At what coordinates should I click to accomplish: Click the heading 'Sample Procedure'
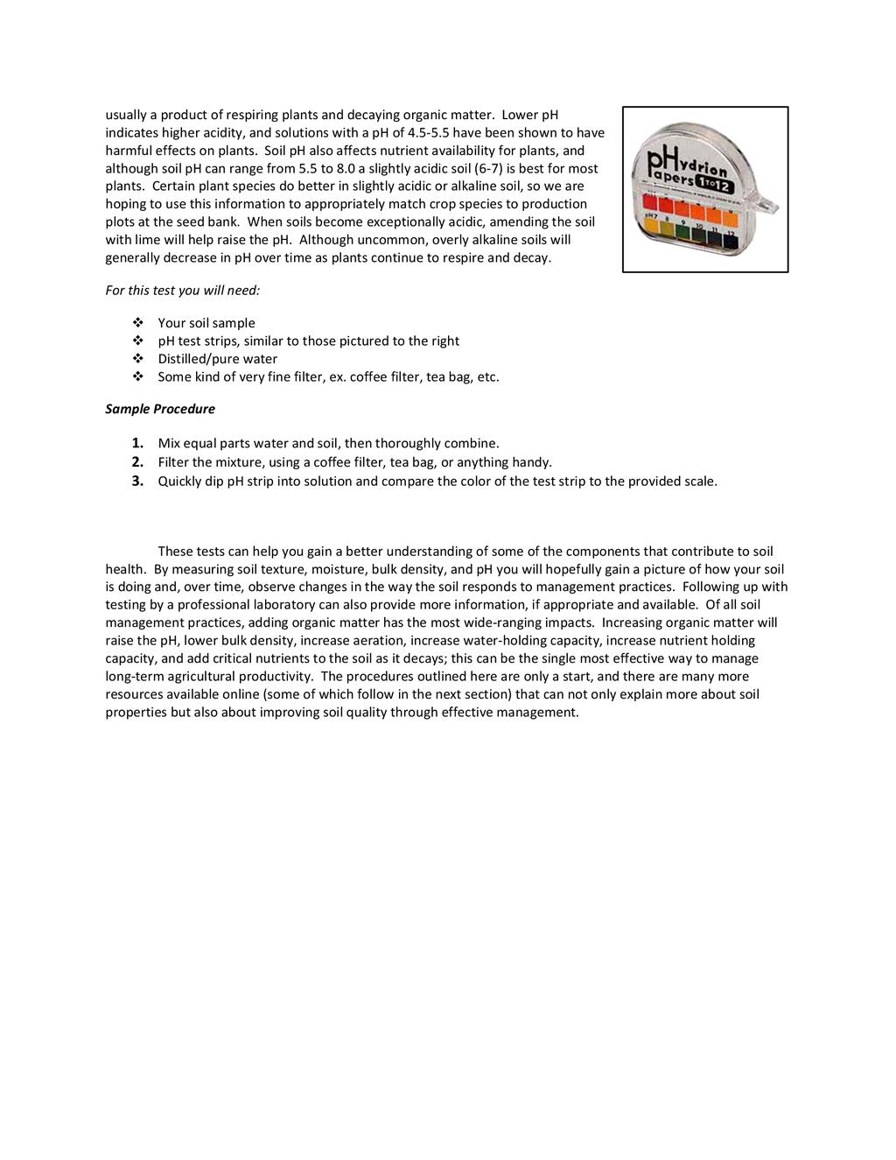point(160,409)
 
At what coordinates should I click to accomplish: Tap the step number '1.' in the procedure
point(137,443)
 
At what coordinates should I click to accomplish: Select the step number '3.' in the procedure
point(137,481)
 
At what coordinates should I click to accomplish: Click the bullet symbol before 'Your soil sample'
point(137,323)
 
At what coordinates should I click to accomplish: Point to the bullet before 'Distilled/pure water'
point(137,359)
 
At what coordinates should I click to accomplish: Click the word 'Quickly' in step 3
point(180,481)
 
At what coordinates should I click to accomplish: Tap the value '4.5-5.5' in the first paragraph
point(432,133)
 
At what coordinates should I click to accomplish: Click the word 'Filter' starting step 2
point(172,462)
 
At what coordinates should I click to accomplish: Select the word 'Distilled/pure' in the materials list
point(198,359)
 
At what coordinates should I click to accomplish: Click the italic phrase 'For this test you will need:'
point(183,290)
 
